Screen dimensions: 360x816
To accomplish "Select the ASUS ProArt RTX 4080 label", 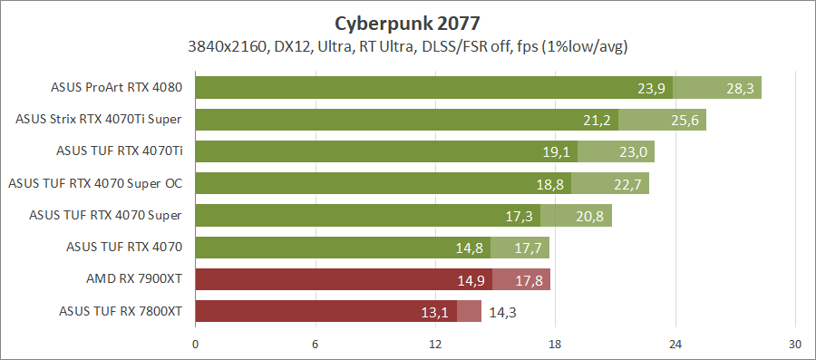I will click(x=117, y=88).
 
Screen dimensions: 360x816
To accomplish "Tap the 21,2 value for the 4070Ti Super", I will click(x=598, y=121).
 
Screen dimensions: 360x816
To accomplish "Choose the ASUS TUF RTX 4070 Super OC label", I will click(x=95, y=184).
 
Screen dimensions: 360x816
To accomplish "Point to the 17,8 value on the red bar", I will click(x=529, y=280).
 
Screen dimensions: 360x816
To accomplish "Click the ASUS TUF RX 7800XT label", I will click(x=121, y=312).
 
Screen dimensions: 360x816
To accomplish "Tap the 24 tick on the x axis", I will click(x=675, y=345).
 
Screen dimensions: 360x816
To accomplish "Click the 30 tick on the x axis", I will click(x=794, y=345).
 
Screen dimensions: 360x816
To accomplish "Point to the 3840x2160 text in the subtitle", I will click(x=225, y=45).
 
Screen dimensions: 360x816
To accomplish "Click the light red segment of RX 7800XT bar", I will click(x=469, y=312).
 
